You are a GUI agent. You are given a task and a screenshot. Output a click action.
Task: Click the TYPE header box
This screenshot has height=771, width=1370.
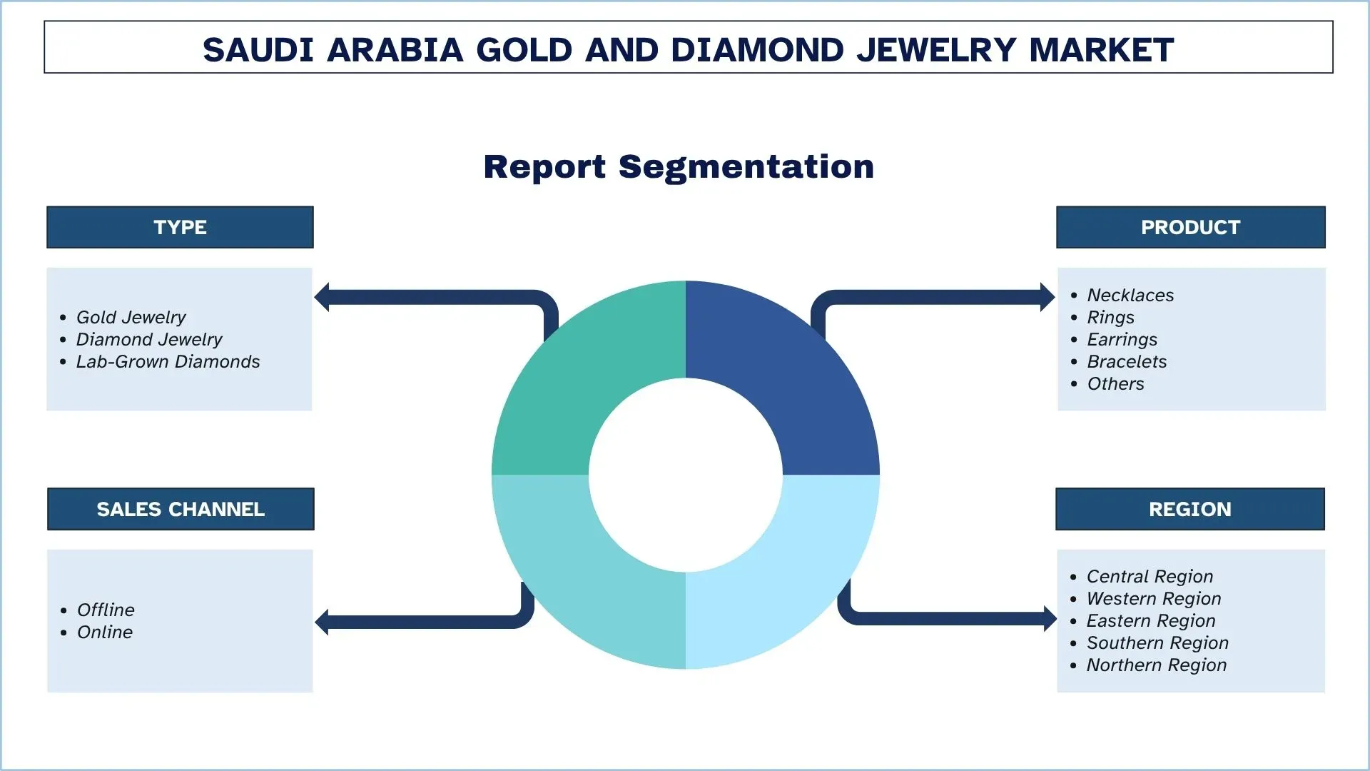[180, 227]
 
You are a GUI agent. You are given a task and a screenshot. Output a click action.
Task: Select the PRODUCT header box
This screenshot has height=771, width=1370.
[1190, 227]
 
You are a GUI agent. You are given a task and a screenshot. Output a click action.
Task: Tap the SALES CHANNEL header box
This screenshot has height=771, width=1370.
[181, 509]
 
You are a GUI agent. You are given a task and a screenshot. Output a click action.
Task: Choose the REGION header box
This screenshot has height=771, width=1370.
[1190, 509]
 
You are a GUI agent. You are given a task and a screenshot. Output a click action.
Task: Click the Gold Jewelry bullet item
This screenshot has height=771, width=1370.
[131, 317]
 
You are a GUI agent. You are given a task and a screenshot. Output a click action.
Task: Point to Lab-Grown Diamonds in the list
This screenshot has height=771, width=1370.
[168, 361]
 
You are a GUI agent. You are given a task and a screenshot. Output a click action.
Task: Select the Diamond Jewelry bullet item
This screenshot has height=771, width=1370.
[149, 339]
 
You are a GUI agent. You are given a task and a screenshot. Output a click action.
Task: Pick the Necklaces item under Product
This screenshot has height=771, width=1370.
[1130, 295]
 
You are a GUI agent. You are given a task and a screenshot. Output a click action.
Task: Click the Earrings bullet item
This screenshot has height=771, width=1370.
[1122, 339]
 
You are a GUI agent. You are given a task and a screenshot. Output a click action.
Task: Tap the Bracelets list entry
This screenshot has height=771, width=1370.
[1127, 361]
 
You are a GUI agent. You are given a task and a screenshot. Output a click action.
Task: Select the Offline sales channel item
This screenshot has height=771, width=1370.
[106, 610]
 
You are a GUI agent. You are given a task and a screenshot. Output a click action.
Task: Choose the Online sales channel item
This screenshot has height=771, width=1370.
[105, 632]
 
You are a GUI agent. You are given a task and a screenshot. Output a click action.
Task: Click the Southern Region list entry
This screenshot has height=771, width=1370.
[1157, 642]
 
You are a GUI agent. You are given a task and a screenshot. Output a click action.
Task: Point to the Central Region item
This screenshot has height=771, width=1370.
[1150, 576]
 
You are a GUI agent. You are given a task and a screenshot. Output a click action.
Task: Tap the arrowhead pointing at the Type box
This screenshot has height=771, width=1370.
[322, 297]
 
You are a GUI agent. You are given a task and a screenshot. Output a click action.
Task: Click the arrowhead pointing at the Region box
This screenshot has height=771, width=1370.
[1050, 618]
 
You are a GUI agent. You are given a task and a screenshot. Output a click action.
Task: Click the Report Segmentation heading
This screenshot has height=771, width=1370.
[679, 166]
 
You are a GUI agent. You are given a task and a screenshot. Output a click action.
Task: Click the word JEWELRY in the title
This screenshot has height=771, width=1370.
[936, 49]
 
